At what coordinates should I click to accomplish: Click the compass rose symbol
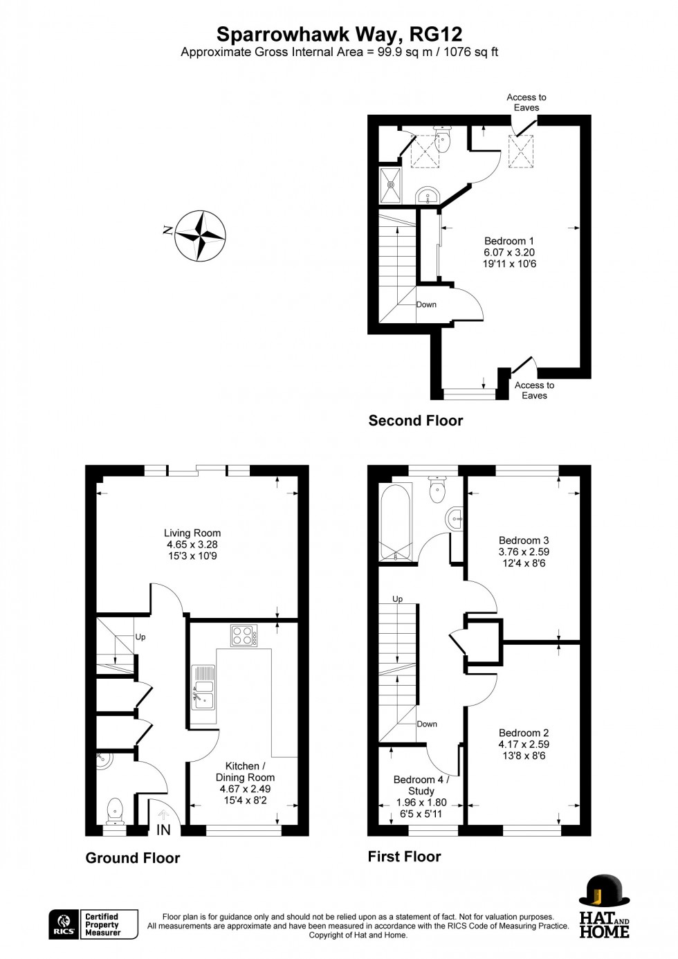point(200,235)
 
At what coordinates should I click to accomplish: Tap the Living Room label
point(192,533)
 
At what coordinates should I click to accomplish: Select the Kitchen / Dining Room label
point(245,771)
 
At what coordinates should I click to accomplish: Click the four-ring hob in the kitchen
point(244,635)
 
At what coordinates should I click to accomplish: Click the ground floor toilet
point(115,809)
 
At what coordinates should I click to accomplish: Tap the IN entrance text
point(163,830)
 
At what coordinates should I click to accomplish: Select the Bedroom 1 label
point(509,241)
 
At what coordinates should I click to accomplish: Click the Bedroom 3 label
point(524,540)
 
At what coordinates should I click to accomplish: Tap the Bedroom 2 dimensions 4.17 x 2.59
point(524,745)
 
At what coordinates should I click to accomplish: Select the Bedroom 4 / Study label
point(421,785)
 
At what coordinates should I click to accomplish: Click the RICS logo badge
point(63,924)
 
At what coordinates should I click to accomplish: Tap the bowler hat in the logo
point(604,890)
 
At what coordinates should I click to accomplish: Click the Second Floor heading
point(415,421)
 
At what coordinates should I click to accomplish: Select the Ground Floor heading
point(132,858)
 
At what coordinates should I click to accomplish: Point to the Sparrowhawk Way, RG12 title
point(339,34)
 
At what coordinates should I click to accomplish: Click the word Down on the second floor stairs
point(426,304)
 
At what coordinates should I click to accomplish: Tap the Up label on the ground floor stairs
point(140,637)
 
